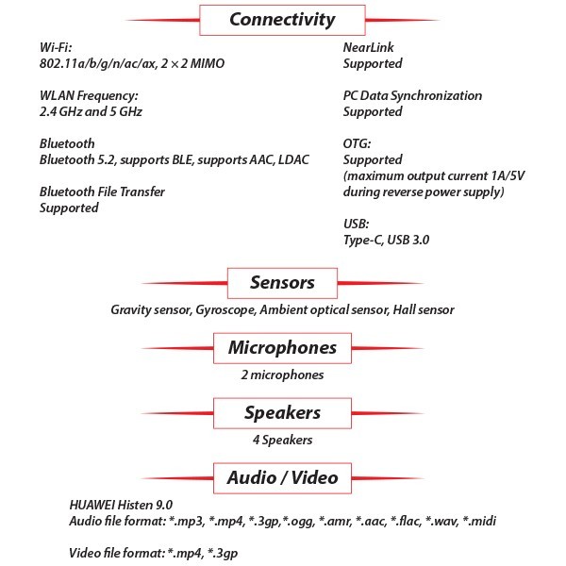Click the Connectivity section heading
coord(281,19)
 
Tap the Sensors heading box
coord(281,282)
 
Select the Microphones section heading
coord(281,347)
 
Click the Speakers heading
coord(281,412)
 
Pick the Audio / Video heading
coord(281,476)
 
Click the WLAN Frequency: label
coord(90,95)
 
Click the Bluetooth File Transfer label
coord(102,191)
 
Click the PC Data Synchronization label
coord(412,95)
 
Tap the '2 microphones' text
coord(281,375)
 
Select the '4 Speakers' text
coord(281,440)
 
